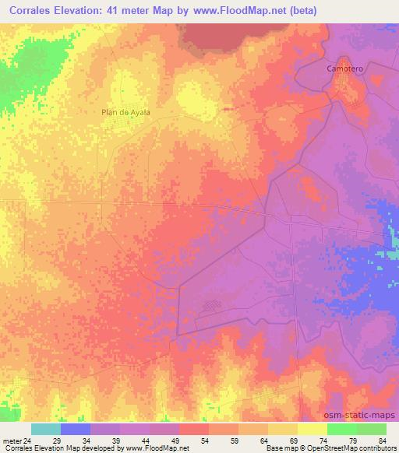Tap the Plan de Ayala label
coord(125,112)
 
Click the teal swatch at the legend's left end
coord(46,429)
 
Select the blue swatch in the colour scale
coord(76,429)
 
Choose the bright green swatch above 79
coord(341,429)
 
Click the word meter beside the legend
coord(12,441)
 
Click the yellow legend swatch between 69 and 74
coord(312,429)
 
